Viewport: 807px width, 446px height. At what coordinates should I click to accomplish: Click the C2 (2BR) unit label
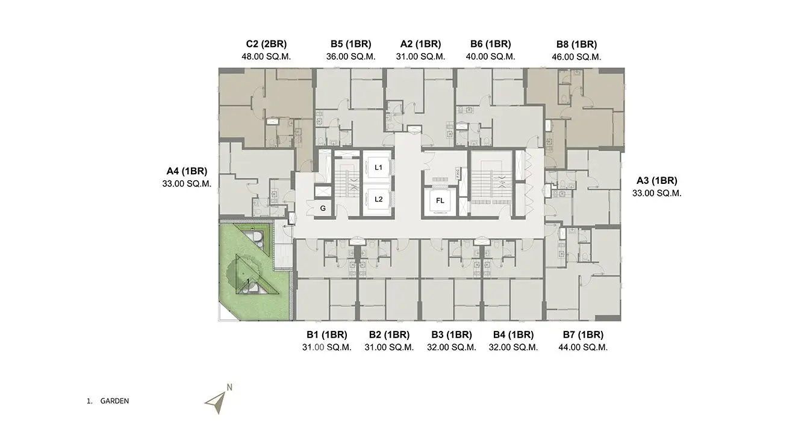(266, 44)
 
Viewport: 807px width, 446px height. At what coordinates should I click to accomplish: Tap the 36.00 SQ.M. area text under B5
(351, 57)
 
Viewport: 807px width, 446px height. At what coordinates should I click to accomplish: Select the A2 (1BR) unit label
(420, 44)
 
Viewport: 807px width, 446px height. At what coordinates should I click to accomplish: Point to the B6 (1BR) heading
(491, 44)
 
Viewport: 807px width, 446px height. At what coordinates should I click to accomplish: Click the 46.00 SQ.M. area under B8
(576, 57)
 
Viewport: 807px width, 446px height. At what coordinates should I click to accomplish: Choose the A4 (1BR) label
(187, 171)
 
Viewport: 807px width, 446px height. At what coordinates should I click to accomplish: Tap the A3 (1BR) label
(657, 181)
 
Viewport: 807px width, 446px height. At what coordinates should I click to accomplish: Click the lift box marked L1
(378, 168)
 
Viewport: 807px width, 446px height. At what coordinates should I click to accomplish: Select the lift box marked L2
(378, 199)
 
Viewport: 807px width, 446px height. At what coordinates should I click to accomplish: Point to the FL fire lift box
(440, 201)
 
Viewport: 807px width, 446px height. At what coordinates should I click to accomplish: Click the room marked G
(323, 209)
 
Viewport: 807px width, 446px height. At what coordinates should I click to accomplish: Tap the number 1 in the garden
(248, 281)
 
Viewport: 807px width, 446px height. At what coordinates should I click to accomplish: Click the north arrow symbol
(216, 403)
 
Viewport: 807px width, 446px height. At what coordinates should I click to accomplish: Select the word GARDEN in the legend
(114, 401)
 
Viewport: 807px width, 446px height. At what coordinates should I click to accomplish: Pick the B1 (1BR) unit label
(327, 335)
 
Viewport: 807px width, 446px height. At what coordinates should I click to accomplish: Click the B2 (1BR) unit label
(389, 335)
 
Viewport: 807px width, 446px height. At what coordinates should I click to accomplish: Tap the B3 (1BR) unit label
(452, 335)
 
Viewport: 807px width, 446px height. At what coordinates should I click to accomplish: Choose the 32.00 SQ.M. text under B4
(513, 348)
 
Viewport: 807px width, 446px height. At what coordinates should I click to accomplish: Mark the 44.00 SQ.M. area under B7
(583, 348)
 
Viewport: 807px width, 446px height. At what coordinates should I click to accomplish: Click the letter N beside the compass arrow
(229, 388)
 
